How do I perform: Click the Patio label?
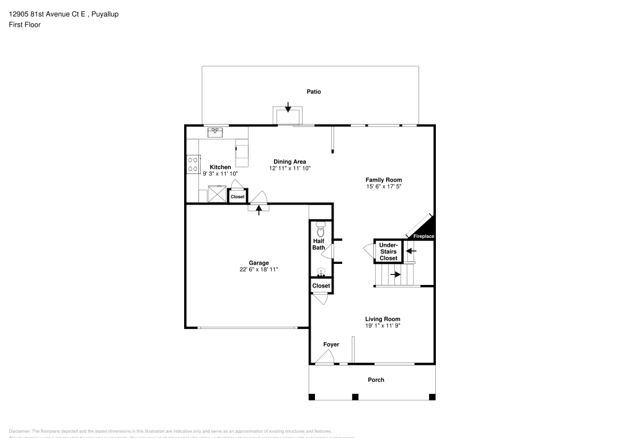point(314,92)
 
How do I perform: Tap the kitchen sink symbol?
point(215,131)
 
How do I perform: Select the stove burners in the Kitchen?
point(193,164)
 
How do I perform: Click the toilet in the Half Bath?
point(321,226)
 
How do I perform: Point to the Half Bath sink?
point(321,271)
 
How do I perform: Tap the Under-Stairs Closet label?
point(388,252)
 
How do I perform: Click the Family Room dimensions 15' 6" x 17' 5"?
point(387,186)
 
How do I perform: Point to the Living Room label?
point(383,318)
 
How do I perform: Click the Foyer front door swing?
point(324,357)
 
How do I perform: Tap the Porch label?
point(376,380)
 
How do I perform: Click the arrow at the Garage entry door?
point(259,209)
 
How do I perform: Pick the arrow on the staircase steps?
point(395,274)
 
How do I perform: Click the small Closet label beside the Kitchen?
point(237,196)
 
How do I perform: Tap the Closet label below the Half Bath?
point(321,286)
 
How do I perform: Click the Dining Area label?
point(290,161)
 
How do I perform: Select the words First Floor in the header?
point(25,25)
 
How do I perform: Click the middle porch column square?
point(355,396)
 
